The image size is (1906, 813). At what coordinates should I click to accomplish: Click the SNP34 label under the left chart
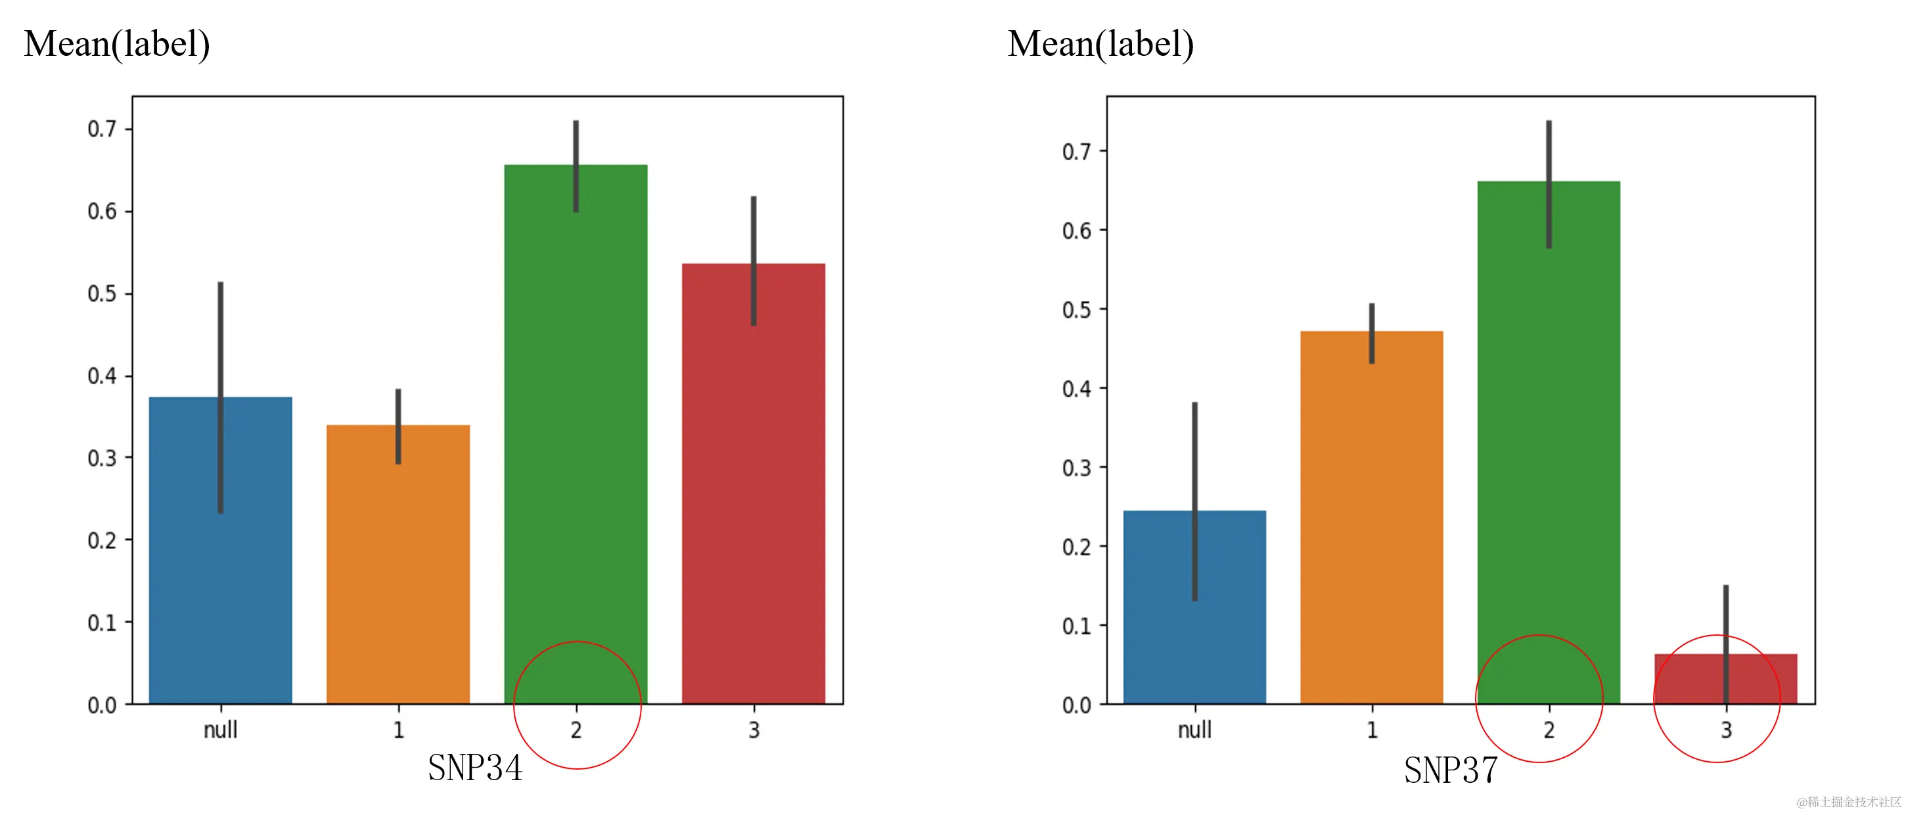[475, 768]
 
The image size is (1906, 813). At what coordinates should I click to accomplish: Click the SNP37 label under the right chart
[1451, 770]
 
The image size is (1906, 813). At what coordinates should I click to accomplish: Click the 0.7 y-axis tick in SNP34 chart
[102, 129]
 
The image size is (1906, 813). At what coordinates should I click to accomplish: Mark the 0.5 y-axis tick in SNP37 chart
[1077, 310]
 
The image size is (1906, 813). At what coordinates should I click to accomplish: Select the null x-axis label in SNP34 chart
[221, 730]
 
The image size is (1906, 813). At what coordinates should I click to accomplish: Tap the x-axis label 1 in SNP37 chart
[1372, 730]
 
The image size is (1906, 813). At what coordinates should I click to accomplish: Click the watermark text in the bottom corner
[1848, 801]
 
